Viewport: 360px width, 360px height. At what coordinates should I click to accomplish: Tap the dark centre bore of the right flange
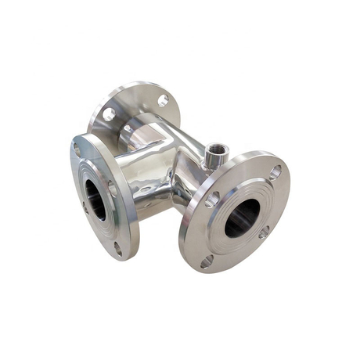(x=242, y=217)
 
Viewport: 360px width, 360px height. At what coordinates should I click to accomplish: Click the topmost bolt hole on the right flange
(x=275, y=171)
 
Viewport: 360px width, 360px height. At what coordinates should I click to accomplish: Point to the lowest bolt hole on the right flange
(x=207, y=261)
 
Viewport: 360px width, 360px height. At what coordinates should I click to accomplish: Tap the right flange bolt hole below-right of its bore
(x=264, y=232)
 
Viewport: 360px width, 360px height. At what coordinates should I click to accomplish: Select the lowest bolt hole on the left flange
(x=118, y=249)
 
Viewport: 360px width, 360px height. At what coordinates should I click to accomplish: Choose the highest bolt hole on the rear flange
(x=163, y=100)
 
